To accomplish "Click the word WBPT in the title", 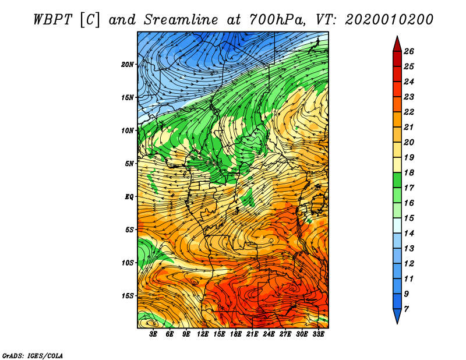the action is pyautogui.click(x=52, y=20).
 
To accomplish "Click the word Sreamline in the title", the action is pyautogui.click(x=181, y=20).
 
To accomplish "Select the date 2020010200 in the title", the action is pyautogui.click(x=389, y=20).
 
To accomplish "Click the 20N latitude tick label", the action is pyautogui.click(x=128, y=64).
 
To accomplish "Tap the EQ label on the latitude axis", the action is pyautogui.click(x=129, y=196).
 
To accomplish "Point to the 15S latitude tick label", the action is pyautogui.click(x=128, y=296).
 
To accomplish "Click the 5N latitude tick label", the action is pyautogui.click(x=129, y=164).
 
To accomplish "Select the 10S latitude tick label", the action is pyautogui.click(x=128, y=263).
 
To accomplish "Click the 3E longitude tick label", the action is pyautogui.click(x=153, y=334).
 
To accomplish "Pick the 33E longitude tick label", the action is pyautogui.click(x=318, y=334).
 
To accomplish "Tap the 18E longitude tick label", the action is pyautogui.click(x=236, y=334).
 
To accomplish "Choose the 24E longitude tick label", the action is pyautogui.click(x=269, y=334).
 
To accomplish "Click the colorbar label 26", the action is pyautogui.click(x=409, y=51).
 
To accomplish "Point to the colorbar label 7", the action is pyautogui.click(x=406, y=309).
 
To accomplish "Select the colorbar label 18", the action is pyautogui.click(x=409, y=172).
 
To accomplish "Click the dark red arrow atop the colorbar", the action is pyautogui.click(x=397, y=44).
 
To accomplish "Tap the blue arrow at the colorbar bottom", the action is pyautogui.click(x=397, y=316).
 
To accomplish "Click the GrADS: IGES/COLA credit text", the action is pyautogui.click(x=33, y=356).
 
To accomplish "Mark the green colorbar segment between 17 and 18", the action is pyautogui.click(x=397, y=180).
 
